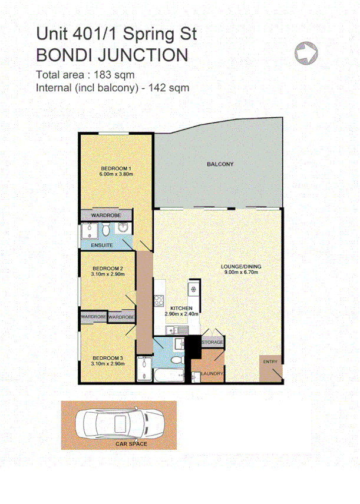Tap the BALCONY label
click(220, 164)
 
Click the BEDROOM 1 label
click(116, 168)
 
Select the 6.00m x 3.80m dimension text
click(116, 174)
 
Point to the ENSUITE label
click(101, 244)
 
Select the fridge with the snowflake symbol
click(192, 289)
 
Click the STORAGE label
click(212, 341)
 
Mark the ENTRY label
click(270, 362)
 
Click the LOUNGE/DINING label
click(240, 267)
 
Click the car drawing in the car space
click(118, 423)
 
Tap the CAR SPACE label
click(131, 443)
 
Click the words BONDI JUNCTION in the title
click(112, 55)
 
